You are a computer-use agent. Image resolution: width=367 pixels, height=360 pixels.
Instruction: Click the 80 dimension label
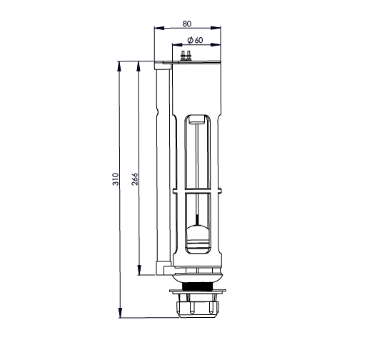point(187,24)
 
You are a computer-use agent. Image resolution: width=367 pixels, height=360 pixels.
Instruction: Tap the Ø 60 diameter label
point(195,40)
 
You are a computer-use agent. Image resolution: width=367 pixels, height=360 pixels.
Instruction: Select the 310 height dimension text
point(116,179)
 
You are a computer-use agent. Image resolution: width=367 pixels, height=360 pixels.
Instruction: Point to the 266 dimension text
point(135,179)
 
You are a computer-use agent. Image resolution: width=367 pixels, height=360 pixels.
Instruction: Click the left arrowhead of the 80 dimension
point(159,28)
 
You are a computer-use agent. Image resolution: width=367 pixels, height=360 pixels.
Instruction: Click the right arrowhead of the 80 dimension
point(216,28)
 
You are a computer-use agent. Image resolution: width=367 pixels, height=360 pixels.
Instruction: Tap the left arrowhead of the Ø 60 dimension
point(177,44)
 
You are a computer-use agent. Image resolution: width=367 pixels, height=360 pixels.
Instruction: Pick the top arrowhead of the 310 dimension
point(119,66)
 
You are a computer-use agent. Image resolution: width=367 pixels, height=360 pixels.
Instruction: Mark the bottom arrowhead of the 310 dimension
point(120,313)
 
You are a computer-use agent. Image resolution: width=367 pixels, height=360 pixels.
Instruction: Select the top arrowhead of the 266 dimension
point(138,66)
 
